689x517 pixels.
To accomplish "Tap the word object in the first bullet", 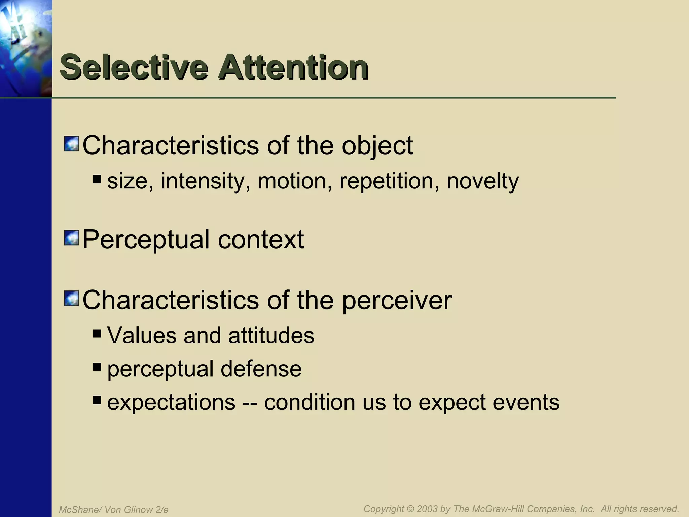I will tap(377, 147).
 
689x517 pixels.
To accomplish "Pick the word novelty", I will tap(483, 181).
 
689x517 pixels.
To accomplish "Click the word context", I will tap(261, 240).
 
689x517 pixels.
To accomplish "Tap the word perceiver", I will tap(397, 301).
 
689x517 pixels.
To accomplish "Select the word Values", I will tap(142, 336).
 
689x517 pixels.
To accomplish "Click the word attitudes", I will tap(271, 336).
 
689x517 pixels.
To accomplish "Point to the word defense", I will tap(261, 369).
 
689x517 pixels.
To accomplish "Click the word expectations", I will tap(171, 402).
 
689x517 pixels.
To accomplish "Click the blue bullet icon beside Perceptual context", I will tap(71, 238).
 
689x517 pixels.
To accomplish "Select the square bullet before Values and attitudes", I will tap(97, 334).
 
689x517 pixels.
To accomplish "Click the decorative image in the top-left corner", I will tap(26, 48).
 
